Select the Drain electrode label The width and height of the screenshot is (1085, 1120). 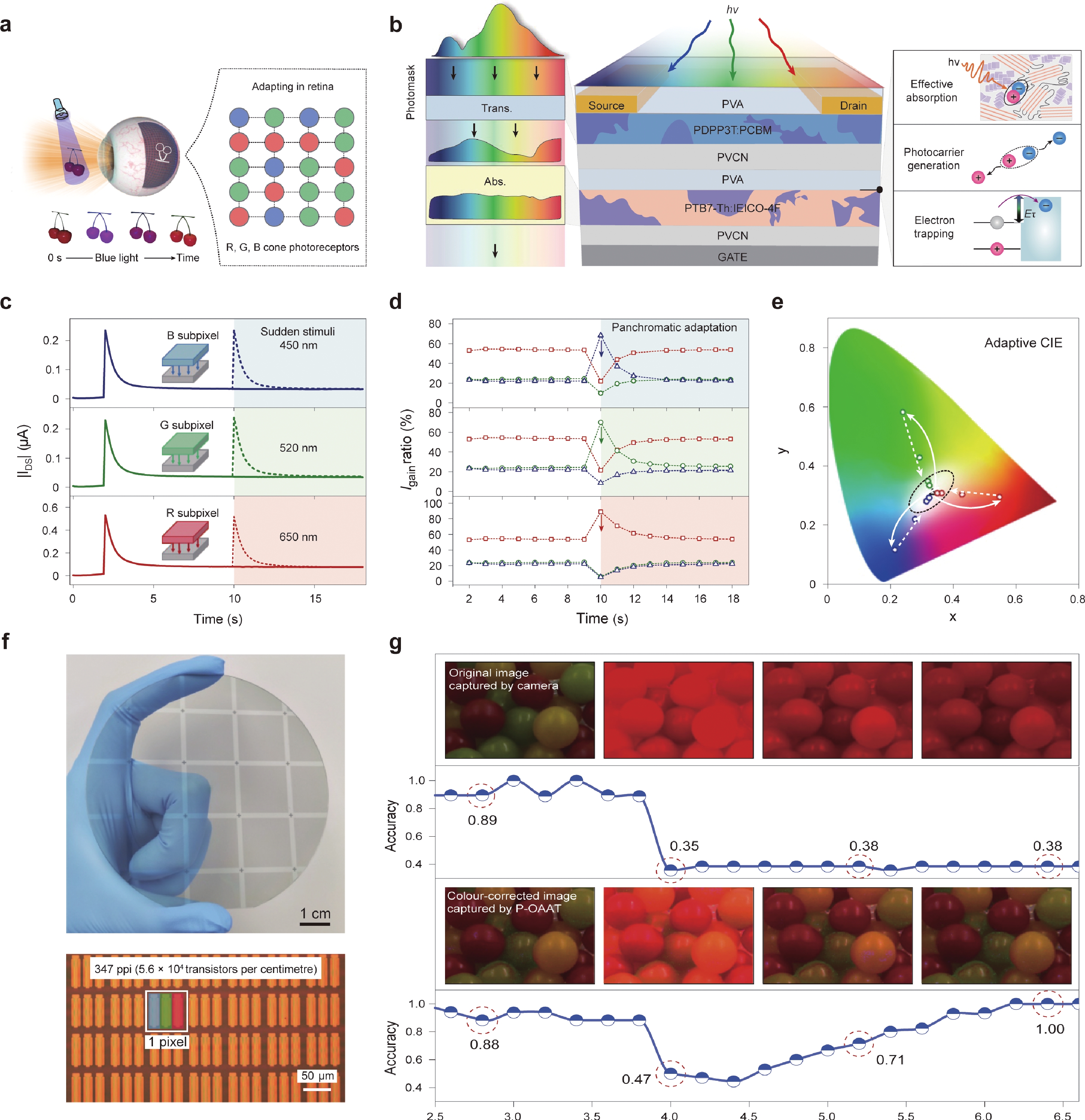point(853,106)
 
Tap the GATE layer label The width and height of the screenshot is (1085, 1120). point(732,257)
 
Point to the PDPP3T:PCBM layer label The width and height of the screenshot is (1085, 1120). point(732,130)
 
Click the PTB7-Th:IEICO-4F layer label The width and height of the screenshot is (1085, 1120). point(732,208)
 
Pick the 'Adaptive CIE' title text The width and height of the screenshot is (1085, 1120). point(1023,343)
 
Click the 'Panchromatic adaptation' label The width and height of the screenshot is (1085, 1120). point(674,327)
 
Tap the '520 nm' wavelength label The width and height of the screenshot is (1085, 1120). point(298,448)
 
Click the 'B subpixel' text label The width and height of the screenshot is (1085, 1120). point(193,335)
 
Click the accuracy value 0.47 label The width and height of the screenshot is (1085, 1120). point(636,1079)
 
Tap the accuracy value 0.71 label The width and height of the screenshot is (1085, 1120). point(890,1060)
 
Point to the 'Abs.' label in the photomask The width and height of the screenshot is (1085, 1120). point(495,182)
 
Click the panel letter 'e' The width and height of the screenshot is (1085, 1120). point(777,302)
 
